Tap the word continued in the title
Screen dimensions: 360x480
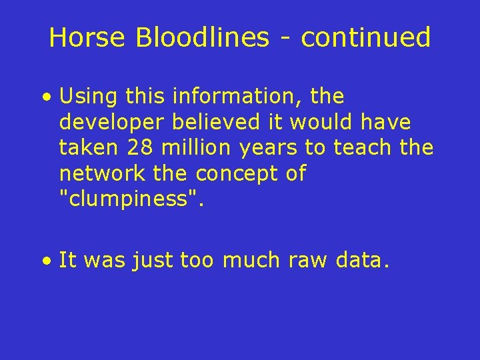[366, 38]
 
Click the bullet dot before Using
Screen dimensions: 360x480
[46, 98]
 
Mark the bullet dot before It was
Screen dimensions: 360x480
[46, 261]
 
